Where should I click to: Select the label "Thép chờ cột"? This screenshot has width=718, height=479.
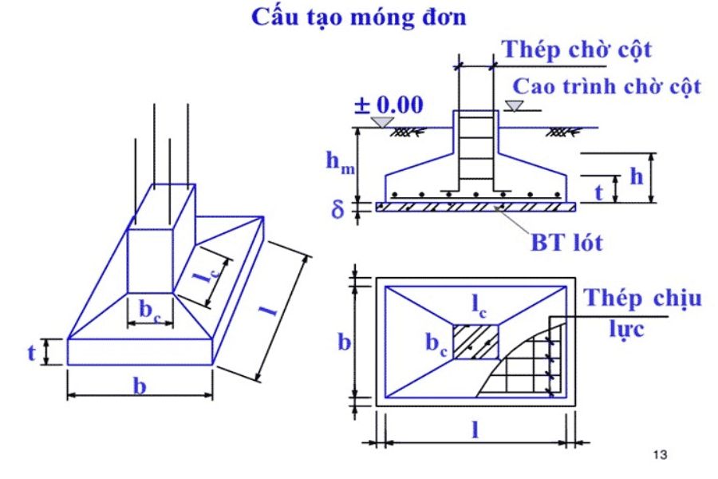pos(577,49)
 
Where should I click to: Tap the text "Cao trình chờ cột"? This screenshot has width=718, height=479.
pos(606,85)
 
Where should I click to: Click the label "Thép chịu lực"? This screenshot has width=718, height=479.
pos(643,311)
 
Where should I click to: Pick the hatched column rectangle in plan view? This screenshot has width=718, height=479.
pos(477,341)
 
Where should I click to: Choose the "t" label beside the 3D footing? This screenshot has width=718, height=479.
pos(33,352)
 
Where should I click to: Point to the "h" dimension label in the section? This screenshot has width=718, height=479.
pos(636,176)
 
